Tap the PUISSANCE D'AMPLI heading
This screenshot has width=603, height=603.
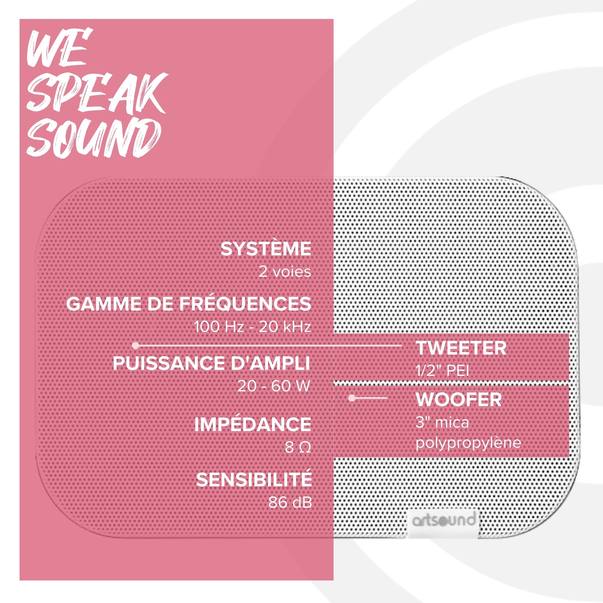click(x=212, y=363)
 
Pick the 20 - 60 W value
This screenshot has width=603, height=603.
click(x=274, y=387)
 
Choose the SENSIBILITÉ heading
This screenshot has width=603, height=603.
click(x=254, y=480)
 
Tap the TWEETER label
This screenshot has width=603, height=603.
click(x=461, y=348)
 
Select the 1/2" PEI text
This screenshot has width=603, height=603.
click(x=442, y=371)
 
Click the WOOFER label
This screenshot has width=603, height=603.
click(x=459, y=399)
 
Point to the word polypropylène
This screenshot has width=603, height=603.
click(x=469, y=443)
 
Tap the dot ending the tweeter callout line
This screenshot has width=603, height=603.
click(x=135, y=346)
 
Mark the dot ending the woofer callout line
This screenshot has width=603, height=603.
click(x=352, y=398)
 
